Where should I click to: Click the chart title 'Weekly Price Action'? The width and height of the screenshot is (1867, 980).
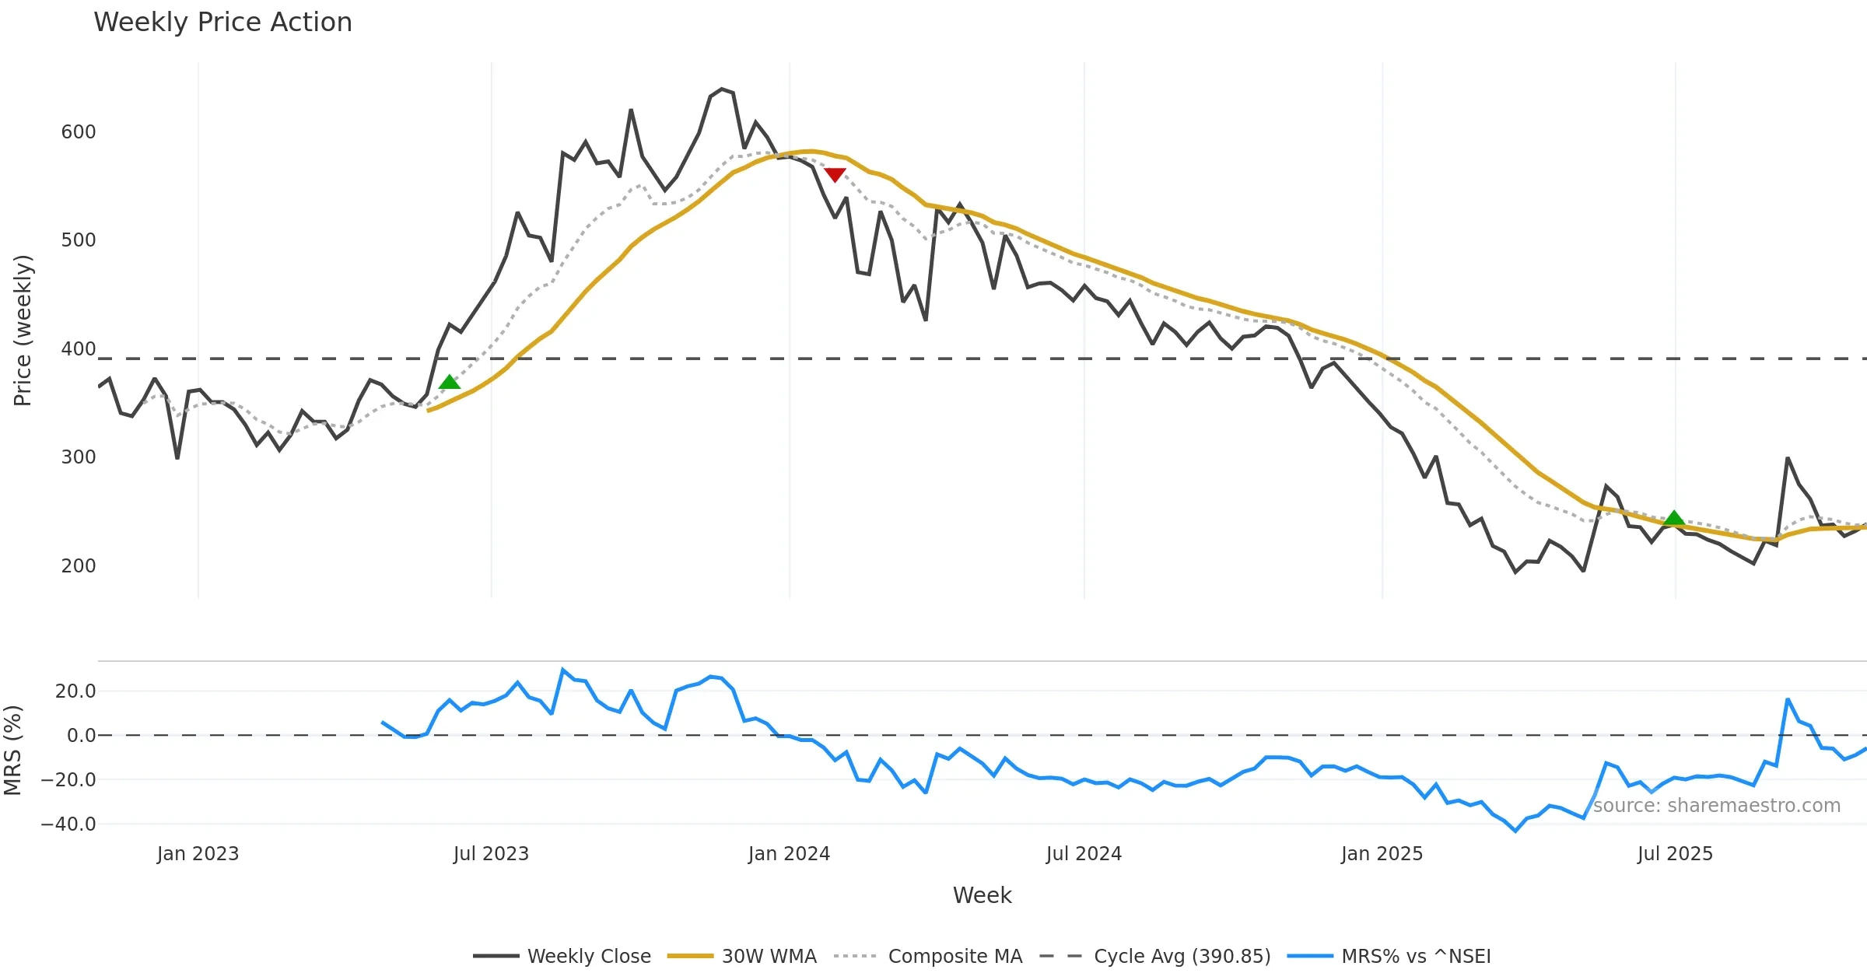[x=222, y=23]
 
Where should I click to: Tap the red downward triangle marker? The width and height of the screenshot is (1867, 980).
[x=835, y=175]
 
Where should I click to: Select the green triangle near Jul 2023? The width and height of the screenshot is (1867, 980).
[x=450, y=382]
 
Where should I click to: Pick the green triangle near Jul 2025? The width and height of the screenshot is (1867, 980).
[x=1674, y=518]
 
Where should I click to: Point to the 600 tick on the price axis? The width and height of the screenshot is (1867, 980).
[x=79, y=132]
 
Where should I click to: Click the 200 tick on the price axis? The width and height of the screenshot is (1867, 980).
[x=79, y=566]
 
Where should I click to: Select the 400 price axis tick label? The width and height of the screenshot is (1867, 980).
[x=79, y=349]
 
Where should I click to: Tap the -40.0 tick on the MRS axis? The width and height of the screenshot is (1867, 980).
[x=68, y=824]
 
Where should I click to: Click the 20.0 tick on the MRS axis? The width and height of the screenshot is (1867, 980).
[x=75, y=691]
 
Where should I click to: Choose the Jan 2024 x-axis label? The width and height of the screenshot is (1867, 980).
[x=789, y=854]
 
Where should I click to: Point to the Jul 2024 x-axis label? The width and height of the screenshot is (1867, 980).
[x=1084, y=854]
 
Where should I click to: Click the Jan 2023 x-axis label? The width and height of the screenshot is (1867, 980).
[x=198, y=854]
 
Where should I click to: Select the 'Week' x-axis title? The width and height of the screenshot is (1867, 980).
[x=982, y=896]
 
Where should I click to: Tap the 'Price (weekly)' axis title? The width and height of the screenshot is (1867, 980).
[x=23, y=331]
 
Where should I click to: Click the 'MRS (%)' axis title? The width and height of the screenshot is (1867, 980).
[x=12, y=751]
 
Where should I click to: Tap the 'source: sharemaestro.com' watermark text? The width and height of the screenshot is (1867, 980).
[x=1716, y=806]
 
